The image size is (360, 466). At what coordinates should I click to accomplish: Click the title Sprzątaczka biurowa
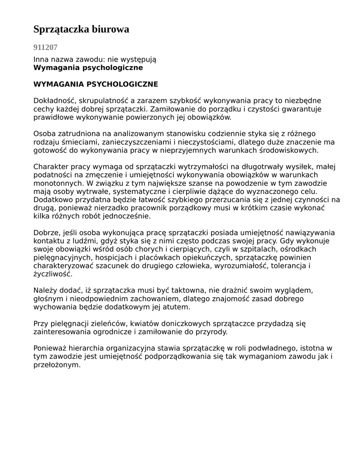(81, 30)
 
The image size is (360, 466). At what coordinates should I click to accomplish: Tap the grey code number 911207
(46, 47)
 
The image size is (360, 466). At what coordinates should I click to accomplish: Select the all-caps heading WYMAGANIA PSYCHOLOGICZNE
(96, 84)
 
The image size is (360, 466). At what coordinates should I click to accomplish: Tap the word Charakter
(51, 167)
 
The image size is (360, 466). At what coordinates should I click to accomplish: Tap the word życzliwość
(52, 274)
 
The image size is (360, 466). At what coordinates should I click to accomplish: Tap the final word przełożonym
(57, 365)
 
